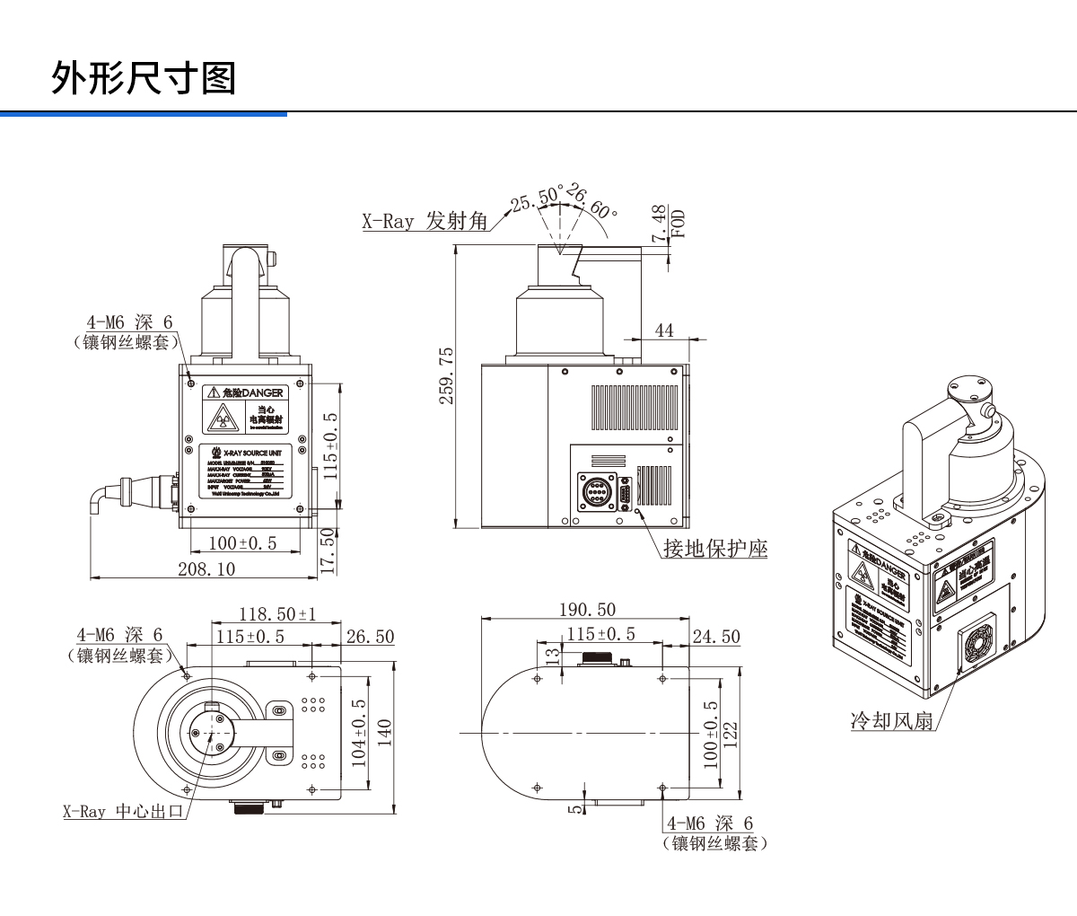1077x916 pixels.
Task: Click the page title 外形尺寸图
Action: (143, 78)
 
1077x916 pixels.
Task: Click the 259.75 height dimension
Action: (445, 376)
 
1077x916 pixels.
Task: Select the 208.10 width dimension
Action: (208, 568)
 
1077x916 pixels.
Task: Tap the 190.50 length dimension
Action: (587, 609)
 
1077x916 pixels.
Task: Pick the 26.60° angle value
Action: (591, 201)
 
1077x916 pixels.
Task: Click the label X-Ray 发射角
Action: (425, 221)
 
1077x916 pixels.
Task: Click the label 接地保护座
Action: (715, 547)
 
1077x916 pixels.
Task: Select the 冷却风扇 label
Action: (892, 719)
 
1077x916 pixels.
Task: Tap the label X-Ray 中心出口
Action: (123, 812)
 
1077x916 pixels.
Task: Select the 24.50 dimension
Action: (716, 636)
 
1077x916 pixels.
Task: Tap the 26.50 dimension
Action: (370, 636)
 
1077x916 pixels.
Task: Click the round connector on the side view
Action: (595, 493)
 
